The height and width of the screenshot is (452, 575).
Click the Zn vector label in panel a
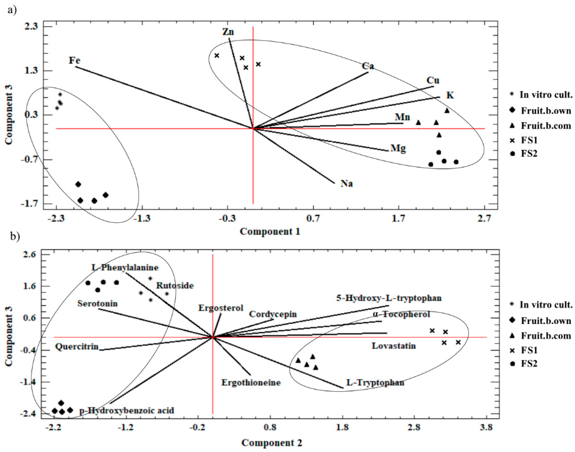(x=228, y=32)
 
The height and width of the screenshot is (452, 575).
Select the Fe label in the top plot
(x=75, y=60)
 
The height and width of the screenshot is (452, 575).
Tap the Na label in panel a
(x=346, y=183)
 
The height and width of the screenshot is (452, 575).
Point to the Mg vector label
(x=398, y=148)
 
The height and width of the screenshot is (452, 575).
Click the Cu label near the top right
(x=433, y=80)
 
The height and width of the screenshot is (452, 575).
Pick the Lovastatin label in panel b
(x=393, y=346)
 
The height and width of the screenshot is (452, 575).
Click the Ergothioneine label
(x=251, y=383)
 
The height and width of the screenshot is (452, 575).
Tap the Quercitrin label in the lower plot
(x=77, y=347)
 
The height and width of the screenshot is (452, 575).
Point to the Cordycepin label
(x=273, y=314)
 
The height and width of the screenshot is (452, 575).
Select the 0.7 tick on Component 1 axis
(x=313, y=219)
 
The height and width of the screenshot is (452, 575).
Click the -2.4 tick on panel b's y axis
(x=30, y=414)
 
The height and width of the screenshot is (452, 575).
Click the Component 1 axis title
(x=270, y=231)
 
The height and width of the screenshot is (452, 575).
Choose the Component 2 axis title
(x=272, y=443)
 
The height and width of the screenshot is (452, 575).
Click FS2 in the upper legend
(x=529, y=154)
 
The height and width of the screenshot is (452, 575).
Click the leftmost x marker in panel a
(x=217, y=56)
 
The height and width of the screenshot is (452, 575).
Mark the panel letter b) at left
(x=15, y=236)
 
